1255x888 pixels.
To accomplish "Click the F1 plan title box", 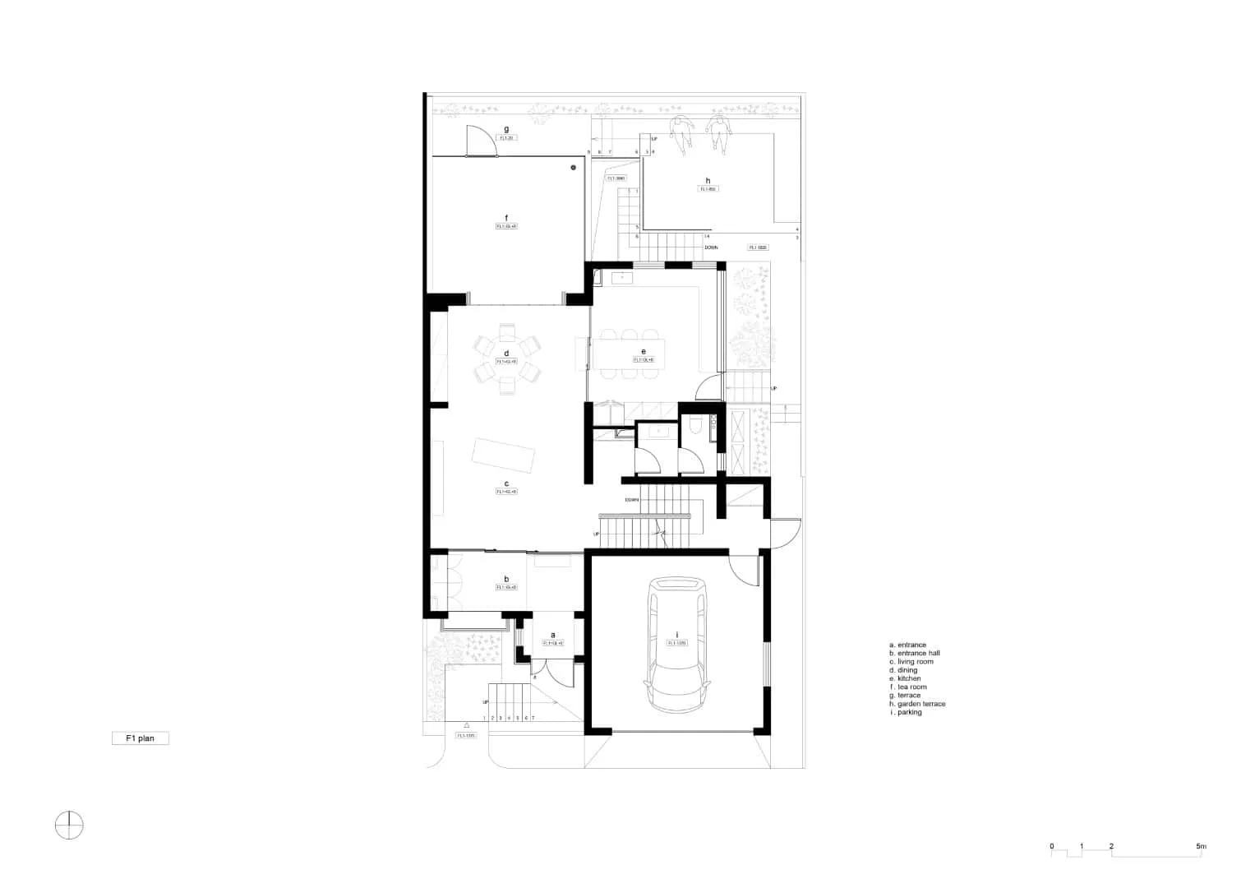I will (x=141, y=738).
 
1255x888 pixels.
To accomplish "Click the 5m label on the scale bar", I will (x=1201, y=846).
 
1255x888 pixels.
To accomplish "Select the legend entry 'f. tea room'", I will (x=907, y=687).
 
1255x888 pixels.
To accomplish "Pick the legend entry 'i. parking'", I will (x=906, y=712).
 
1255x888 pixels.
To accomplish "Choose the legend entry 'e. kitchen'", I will (x=905, y=678).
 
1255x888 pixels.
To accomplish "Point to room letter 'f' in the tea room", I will (x=506, y=218).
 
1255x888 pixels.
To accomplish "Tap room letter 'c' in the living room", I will (x=506, y=484).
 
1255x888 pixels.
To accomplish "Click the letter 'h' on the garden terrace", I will (x=708, y=181).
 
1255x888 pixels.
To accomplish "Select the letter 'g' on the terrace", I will (x=506, y=129).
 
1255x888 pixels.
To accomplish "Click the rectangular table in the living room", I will (x=502, y=456).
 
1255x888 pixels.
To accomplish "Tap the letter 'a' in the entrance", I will (x=552, y=635).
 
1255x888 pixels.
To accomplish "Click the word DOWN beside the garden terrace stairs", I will (x=713, y=247).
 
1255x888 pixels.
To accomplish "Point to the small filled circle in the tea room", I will (x=574, y=167).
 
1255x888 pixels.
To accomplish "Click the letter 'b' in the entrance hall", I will (x=506, y=579).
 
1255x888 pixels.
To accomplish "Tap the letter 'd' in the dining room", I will (x=506, y=354).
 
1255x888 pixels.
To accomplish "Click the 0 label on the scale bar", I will (x=1052, y=846).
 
